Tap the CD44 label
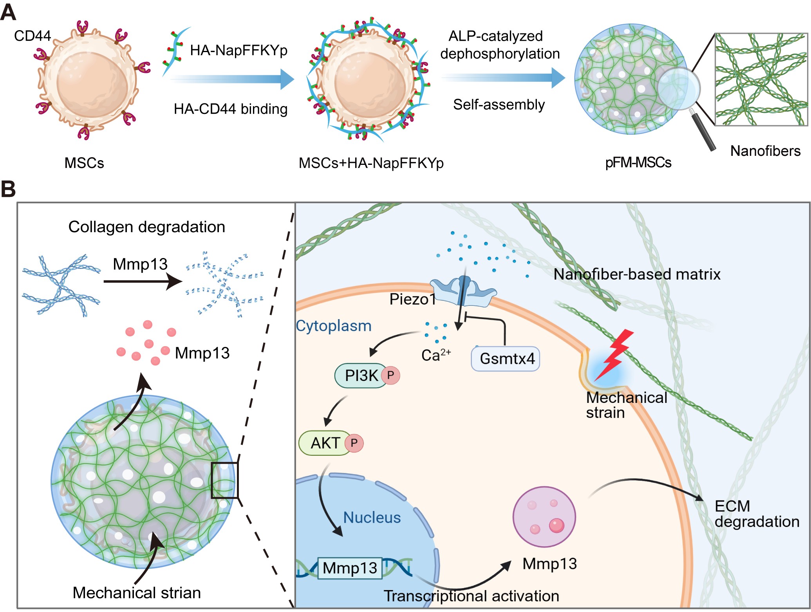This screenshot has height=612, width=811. tap(32, 36)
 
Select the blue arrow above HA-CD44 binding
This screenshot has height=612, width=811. tap(233, 79)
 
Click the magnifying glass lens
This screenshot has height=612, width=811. tap(678, 88)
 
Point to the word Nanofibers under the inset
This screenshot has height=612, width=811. tap(765, 151)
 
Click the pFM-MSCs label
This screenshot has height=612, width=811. tap(638, 162)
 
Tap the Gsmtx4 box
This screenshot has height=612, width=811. tap(506, 359)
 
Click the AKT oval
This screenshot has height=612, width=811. tap(325, 443)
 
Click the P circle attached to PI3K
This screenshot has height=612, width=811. tap(390, 375)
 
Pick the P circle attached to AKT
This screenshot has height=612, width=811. tap(354, 443)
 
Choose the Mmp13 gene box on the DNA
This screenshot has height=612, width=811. tap(350, 568)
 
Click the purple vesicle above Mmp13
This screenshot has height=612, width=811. tap(544, 517)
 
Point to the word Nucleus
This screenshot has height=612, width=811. tap(372, 518)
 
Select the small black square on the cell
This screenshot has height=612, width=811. tap(224, 480)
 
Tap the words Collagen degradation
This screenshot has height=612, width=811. tap(147, 227)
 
